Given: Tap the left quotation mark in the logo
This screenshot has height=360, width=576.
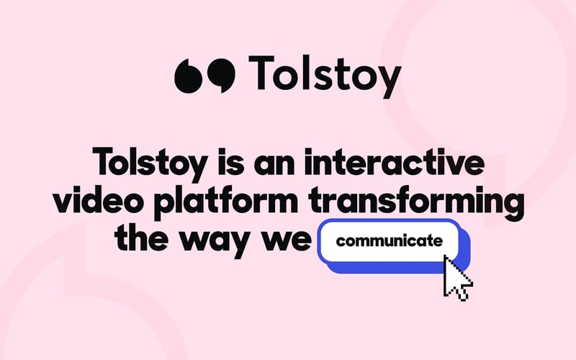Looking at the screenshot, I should (189, 74).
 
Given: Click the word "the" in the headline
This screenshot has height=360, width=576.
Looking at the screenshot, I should (143, 239).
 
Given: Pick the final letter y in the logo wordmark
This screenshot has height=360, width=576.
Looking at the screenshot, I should (387, 79).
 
